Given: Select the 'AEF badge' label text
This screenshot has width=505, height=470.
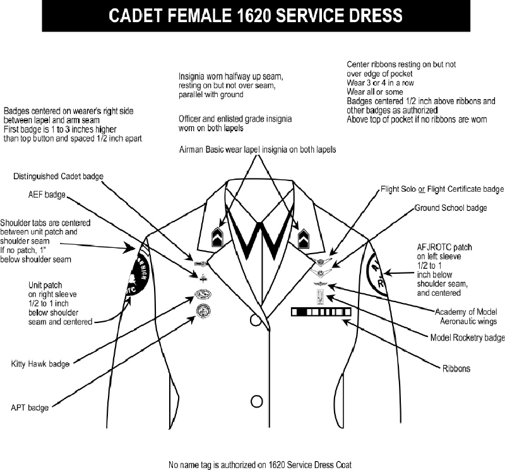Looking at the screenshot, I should (46, 195).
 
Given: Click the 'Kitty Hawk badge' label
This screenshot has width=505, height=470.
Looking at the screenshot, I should (40, 364).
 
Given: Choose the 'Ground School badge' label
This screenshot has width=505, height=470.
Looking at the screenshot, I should (460, 208).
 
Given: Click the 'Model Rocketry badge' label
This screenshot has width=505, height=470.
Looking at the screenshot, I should (467, 338).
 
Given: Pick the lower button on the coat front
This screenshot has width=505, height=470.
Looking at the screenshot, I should (256, 401).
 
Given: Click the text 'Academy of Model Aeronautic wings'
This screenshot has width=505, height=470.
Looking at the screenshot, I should (470, 316).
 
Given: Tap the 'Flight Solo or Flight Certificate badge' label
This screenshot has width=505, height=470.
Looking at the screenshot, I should (442, 189).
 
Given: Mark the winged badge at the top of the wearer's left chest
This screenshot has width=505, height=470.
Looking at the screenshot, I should (322, 262).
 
